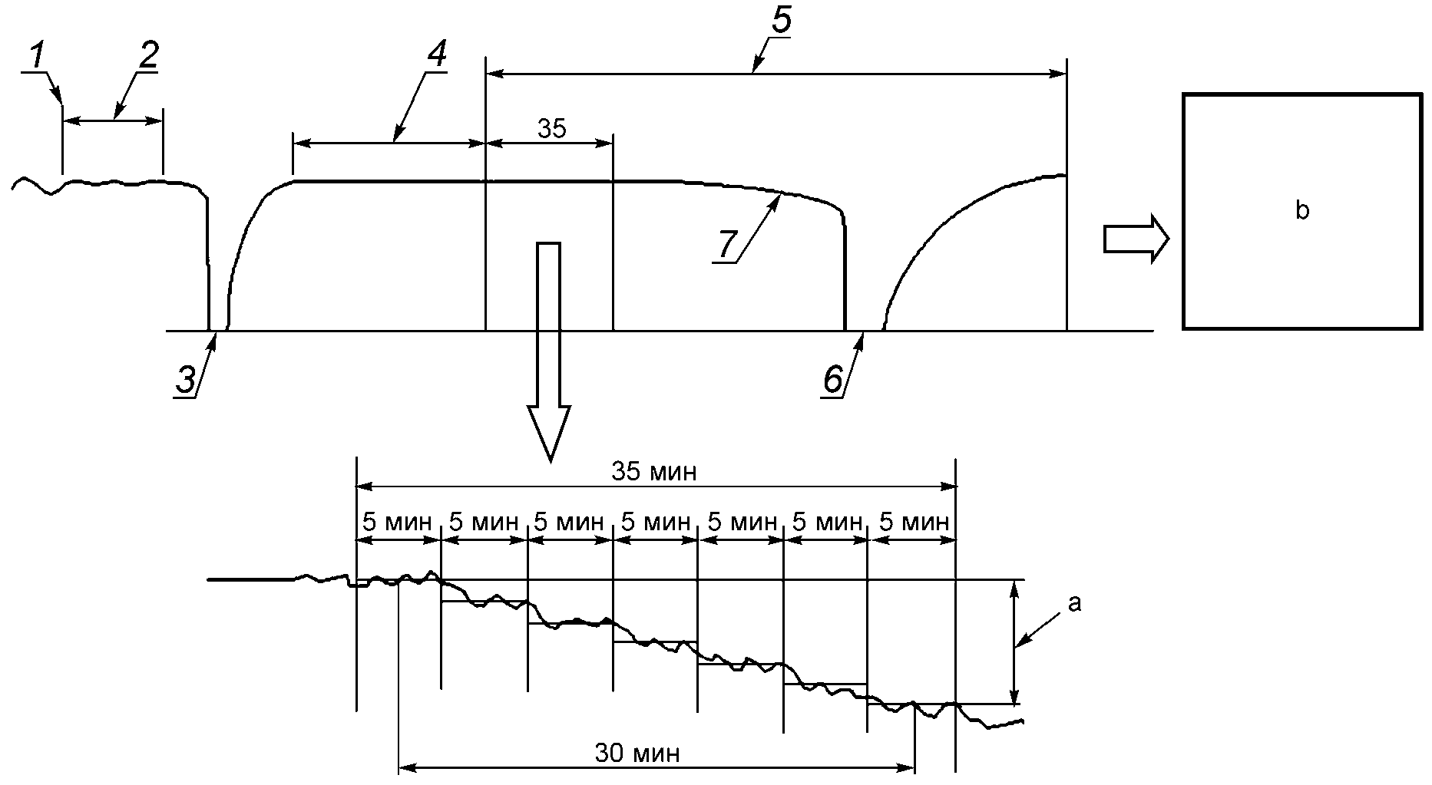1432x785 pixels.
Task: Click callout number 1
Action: pos(37,56)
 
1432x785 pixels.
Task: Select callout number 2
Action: pos(149,54)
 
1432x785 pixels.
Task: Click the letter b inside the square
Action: pos(1301,210)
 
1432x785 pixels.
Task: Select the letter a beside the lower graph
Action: pos(1074,604)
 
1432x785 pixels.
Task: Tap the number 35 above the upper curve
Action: pos(551,129)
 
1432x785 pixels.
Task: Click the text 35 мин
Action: pos(654,472)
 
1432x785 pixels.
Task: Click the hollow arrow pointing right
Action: pos(1136,239)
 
